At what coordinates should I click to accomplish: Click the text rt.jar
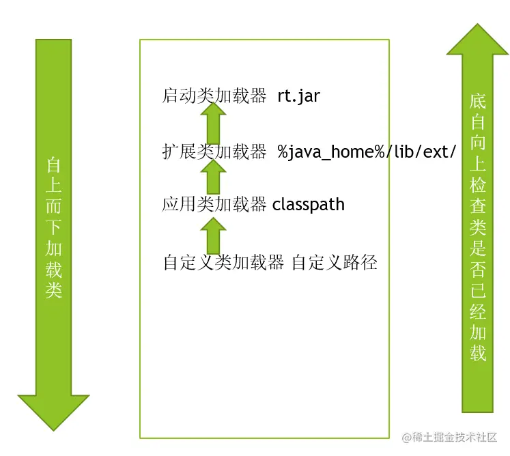[298, 96]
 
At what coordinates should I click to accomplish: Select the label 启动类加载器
[214, 96]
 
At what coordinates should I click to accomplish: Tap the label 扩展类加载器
[214, 152]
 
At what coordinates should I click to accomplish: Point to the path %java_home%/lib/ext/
[366, 152]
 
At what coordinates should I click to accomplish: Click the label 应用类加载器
[214, 204]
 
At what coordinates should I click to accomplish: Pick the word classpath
[309, 204]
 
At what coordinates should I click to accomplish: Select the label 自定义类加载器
[223, 263]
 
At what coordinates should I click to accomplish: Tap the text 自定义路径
[335, 263]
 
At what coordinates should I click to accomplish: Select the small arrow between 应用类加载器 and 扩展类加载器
[213, 178]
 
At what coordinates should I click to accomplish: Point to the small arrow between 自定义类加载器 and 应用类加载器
[213, 235]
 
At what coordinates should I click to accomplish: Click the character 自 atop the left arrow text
[54, 166]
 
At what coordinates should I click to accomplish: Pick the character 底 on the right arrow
[478, 102]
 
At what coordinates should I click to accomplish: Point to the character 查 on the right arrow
[478, 207]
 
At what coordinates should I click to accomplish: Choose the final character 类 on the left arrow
[54, 289]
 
